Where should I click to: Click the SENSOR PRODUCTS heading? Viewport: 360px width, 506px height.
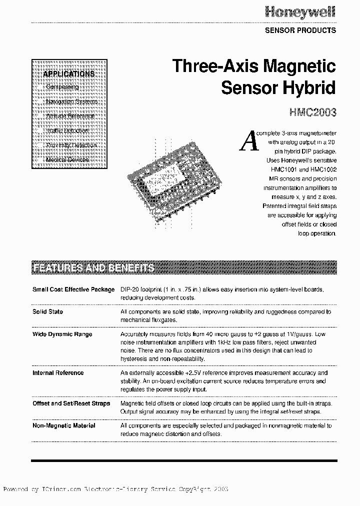pyautogui.click(x=300, y=30)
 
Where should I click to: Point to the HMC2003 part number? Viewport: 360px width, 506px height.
pyautogui.click(x=313, y=112)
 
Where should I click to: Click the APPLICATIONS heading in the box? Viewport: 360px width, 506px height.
pyautogui.click(x=69, y=74)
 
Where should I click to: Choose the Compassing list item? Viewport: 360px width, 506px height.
pyautogui.click(x=62, y=87)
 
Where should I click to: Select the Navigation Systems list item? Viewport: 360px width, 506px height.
pyautogui.click(x=71, y=101)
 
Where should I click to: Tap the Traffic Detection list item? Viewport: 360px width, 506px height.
pyautogui.click(x=67, y=130)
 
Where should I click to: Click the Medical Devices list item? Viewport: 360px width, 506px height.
pyautogui.click(x=67, y=159)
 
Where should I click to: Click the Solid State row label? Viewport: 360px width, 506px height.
pyautogui.click(x=48, y=311)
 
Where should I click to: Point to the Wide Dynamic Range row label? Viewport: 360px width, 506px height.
pyautogui.click(x=62, y=334)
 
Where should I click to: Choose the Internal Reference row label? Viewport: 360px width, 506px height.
pyautogui.click(x=58, y=372)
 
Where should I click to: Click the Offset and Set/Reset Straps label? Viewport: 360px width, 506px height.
pyautogui.click(x=71, y=403)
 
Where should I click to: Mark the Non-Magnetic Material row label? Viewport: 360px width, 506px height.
pyautogui.click(x=64, y=425)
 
